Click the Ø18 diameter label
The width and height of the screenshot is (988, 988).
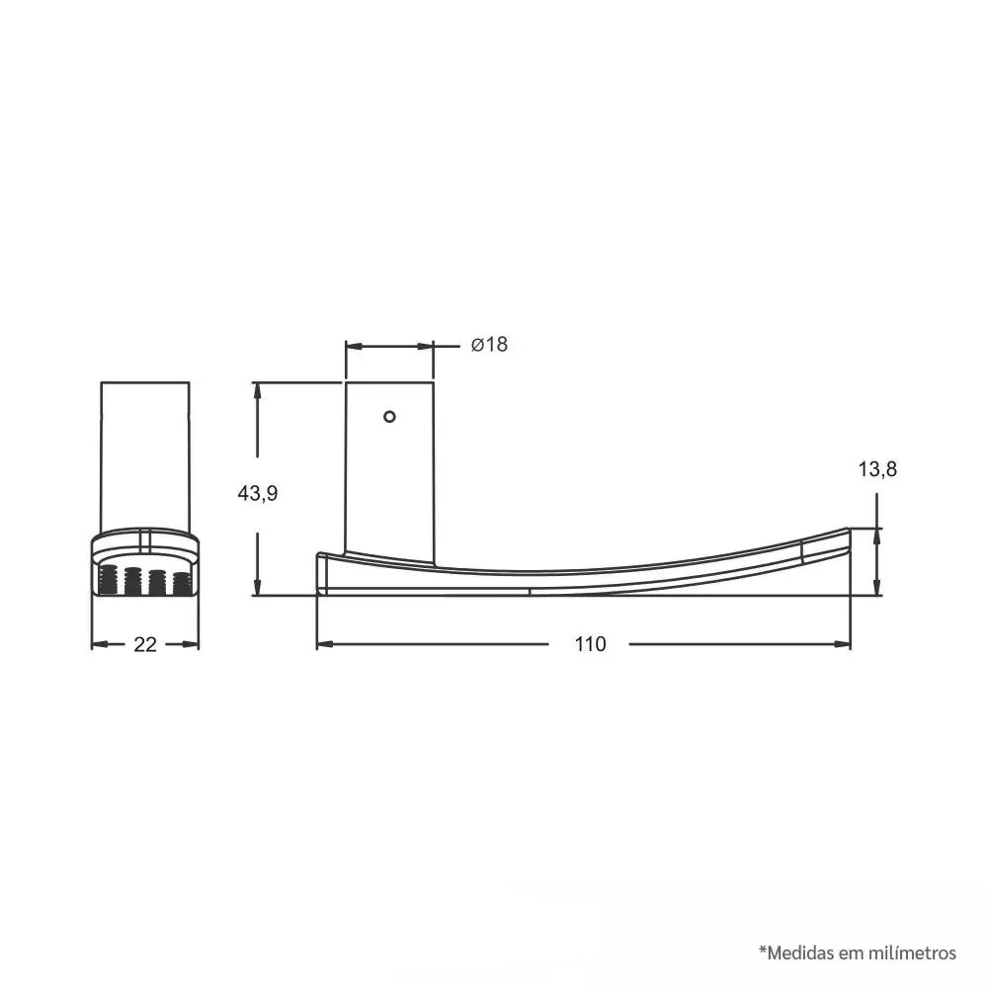point(490,344)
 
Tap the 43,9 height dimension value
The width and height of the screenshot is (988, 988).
point(257,493)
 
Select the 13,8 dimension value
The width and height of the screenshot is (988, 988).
point(877,468)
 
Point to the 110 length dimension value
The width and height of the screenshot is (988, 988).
point(590,644)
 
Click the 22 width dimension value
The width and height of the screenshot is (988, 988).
point(145,644)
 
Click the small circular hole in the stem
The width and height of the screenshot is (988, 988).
point(389,417)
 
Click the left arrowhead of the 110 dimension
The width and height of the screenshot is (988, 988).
point(324,644)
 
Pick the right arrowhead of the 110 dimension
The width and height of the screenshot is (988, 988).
point(843,644)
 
